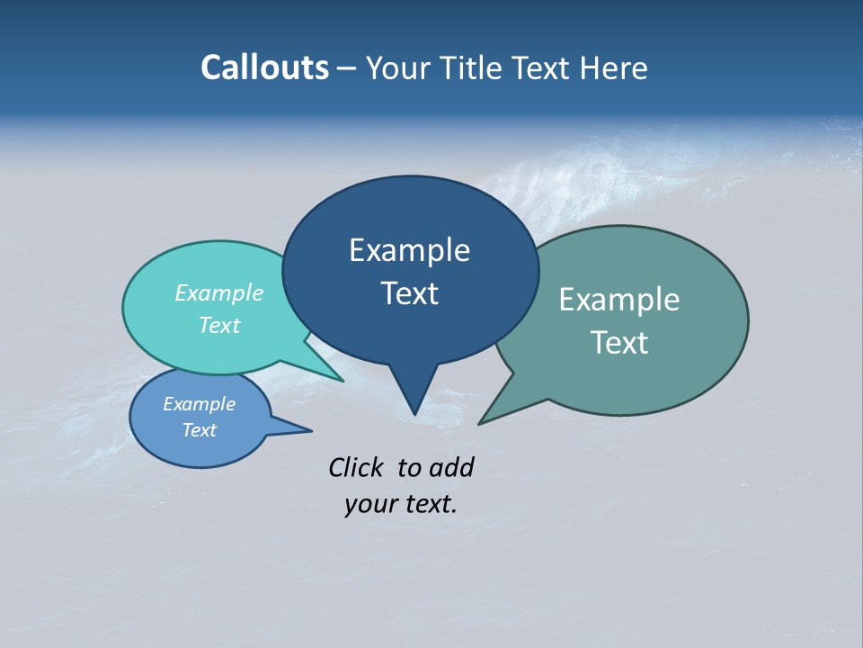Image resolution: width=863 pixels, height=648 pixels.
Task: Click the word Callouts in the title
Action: coord(264,67)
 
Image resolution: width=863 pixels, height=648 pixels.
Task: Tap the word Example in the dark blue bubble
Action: coord(409,250)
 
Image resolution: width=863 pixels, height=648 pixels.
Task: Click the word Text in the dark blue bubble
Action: coord(409,293)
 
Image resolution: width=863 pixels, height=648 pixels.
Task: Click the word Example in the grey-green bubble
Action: coord(619,300)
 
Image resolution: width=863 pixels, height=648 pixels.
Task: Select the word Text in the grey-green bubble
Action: coord(619,343)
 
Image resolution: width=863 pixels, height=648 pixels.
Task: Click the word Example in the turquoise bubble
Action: coord(219,292)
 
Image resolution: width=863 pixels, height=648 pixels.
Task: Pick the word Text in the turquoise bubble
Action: coord(219,325)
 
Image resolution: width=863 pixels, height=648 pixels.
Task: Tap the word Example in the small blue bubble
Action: coord(199,404)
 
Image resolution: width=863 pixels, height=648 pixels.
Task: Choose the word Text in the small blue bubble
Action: coord(199,430)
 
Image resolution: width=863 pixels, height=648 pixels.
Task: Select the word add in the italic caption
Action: coord(451,467)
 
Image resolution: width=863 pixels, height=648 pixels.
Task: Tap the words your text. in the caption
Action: coord(401,504)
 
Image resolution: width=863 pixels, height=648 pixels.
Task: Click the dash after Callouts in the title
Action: coord(348,68)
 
